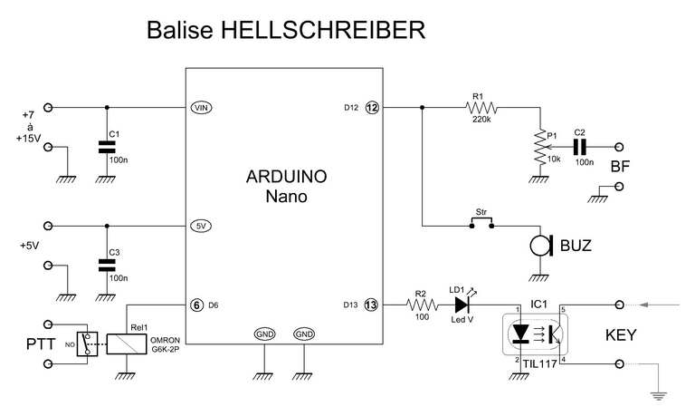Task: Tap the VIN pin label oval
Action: point(201,107)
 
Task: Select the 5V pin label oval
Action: point(201,226)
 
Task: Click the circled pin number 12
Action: point(371,107)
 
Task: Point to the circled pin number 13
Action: point(371,305)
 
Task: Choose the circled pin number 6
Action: point(196,305)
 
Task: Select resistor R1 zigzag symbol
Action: point(482,107)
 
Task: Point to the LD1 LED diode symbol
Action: point(462,305)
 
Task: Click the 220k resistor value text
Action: point(481,120)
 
